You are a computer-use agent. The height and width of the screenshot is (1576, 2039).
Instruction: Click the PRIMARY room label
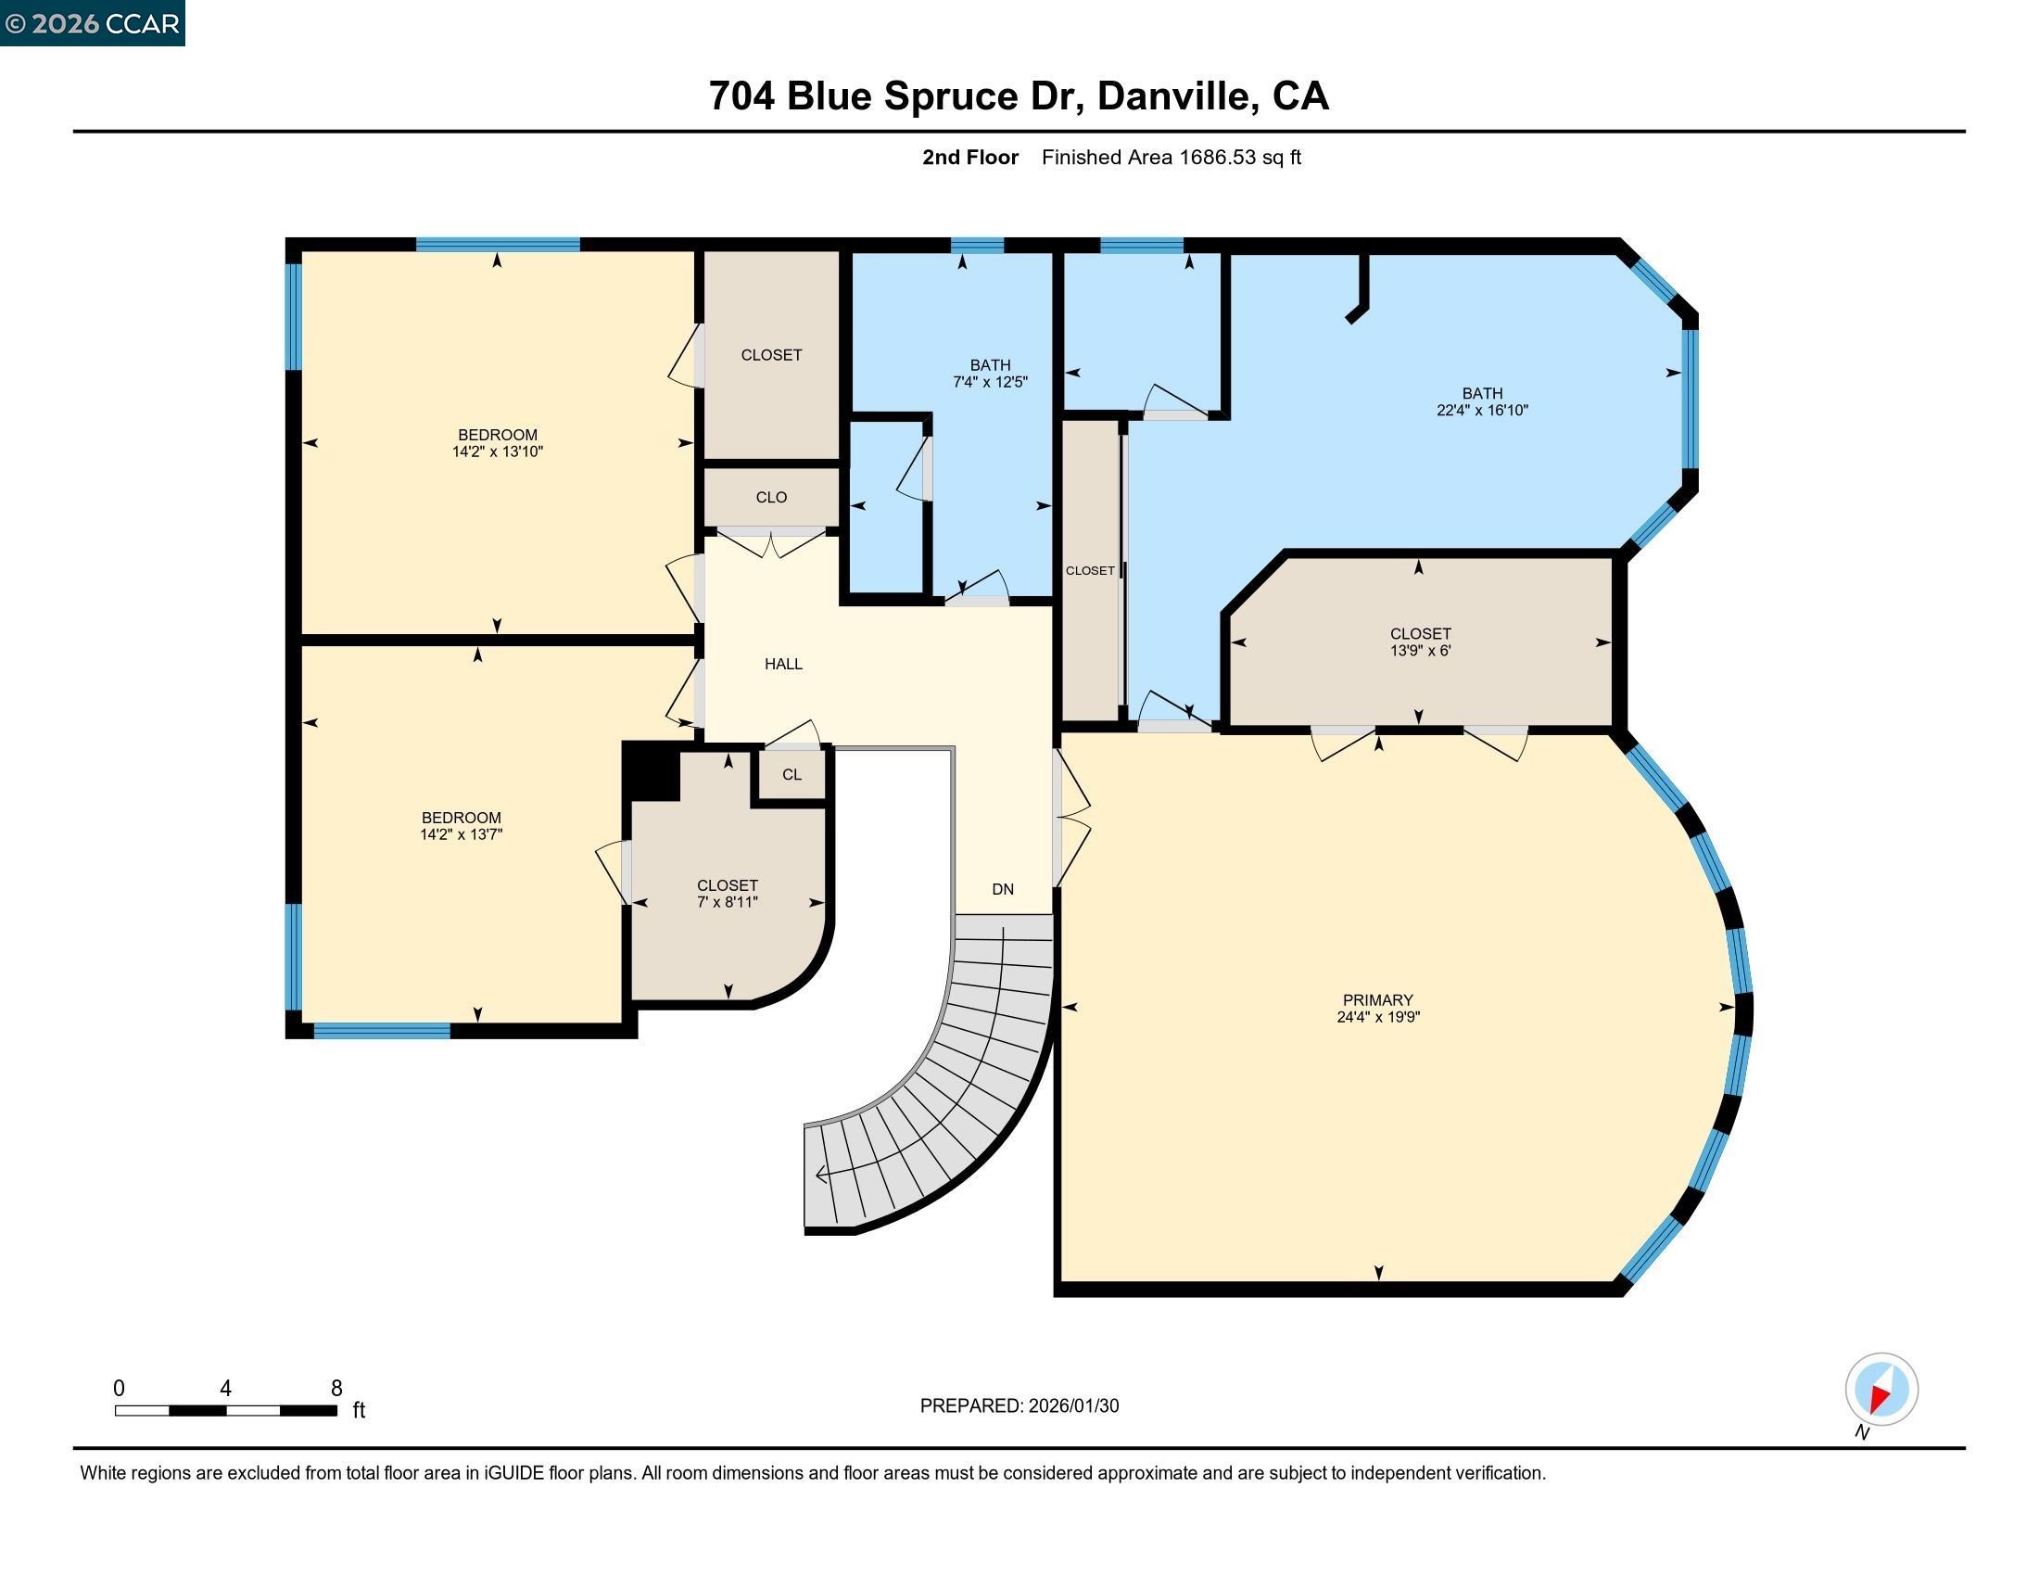(x=1377, y=999)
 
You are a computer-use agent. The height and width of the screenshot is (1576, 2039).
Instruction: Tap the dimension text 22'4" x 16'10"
(x=1482, y=410)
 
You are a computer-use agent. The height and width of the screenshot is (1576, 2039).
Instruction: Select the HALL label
(x=782, y=664)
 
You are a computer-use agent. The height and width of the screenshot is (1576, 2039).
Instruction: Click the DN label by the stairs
(x=1002, y=889)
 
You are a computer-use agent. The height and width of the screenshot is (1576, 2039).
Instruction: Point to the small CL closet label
(x=791, y=774)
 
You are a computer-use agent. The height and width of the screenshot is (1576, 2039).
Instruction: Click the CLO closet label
(x=770, y=497)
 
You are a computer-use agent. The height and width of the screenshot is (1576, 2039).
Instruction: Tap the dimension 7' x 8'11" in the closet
(x=727, y=902)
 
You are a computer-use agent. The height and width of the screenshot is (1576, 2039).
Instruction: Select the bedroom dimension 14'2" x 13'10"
(x=497, y=451)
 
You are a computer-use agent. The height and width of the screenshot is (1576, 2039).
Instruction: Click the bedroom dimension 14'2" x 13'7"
(x=461, y=834)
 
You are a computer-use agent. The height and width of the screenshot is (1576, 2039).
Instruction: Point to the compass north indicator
(x=1881, y=1390)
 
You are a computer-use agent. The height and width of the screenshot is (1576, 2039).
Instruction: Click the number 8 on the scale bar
(x=336, y=1388)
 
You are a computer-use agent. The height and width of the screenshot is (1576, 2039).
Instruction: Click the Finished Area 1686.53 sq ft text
(x=1171, y=157)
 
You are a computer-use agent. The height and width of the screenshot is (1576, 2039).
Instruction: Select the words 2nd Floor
(x=969, y=157)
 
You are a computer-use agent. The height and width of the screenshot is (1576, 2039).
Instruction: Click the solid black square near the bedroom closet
(x=651, y=771)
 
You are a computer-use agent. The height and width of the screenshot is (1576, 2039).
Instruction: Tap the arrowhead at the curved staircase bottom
(x=820, y=1175)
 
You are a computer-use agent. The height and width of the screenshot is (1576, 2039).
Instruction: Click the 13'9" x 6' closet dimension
(x=1419, y=651)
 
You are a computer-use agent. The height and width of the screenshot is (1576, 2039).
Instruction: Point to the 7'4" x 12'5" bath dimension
(x=990, y=382)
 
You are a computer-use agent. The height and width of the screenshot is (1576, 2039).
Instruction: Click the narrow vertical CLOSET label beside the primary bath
(x=1090, y=570)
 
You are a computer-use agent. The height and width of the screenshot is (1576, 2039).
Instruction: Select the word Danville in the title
(x=1173, y=96)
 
